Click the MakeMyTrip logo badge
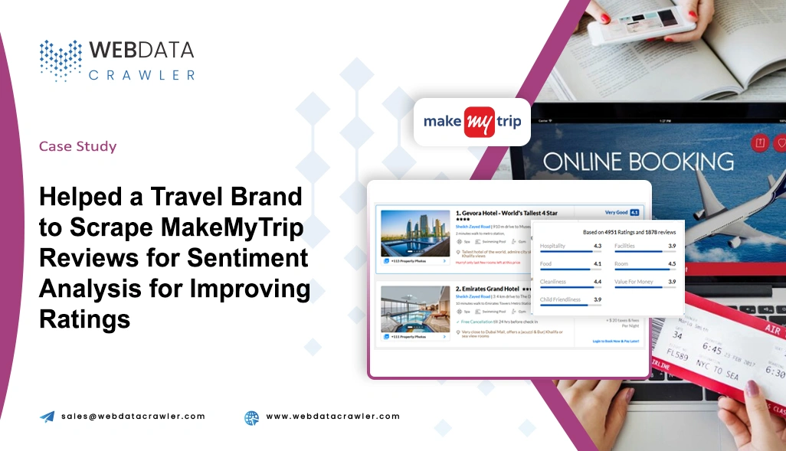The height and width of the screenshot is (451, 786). coord(472,122)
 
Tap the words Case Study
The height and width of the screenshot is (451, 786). coord(77,146)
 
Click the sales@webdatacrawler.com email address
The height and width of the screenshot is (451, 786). coord(133,417)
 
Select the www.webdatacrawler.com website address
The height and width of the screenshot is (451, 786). coord(332,417)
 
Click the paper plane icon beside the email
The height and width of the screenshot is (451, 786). coord(47,417)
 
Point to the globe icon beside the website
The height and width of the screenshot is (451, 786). coord(251,417)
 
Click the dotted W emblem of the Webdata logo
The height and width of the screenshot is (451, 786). coord(61,60)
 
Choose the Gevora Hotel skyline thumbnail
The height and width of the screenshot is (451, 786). coord(414,233)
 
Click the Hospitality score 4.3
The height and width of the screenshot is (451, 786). coord(597,246)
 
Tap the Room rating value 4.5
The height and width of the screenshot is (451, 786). coord(671,264)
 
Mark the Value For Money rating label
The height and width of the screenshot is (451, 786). coord(634,282)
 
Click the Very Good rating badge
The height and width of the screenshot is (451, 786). coord(616,212)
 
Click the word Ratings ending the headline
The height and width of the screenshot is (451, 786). coord(85,319)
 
